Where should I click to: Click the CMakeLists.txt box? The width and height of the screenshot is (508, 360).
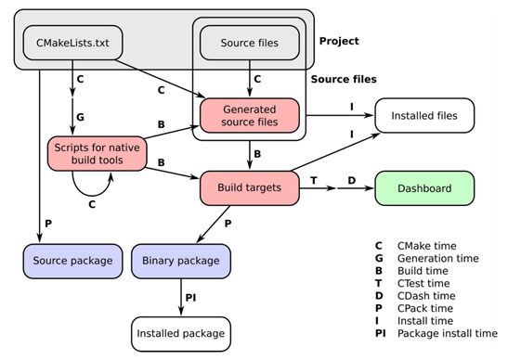[68, 42]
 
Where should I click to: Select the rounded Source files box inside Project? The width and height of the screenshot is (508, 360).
[248, 42]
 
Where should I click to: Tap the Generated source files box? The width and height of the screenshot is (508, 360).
[250, 114]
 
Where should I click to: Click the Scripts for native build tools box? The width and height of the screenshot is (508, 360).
[98, 152]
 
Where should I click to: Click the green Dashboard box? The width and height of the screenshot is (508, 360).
[423, 188]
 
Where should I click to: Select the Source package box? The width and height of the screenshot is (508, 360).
[73, 261]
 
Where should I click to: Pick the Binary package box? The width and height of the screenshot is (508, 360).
[180, 261]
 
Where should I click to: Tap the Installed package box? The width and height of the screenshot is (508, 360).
[180, 331]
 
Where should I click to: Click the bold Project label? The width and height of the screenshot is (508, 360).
[339, 42]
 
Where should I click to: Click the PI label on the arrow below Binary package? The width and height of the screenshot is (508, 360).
[190, 298]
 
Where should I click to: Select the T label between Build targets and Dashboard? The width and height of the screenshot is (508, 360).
[314, 178]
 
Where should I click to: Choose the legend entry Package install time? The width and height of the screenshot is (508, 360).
[439, 332]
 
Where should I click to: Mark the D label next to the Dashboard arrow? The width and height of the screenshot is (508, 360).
[352, 178]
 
